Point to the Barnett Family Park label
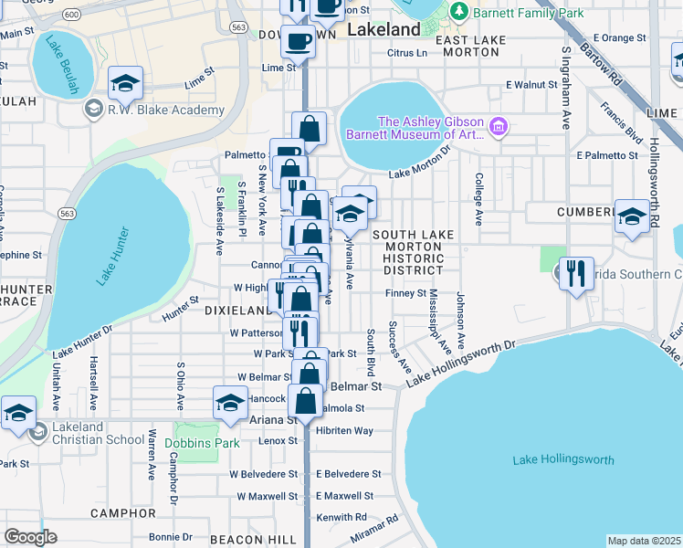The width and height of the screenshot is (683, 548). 525,12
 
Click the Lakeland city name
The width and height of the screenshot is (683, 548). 384,29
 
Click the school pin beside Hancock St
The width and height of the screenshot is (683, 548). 230,402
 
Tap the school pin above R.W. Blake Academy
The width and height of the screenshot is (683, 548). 125,84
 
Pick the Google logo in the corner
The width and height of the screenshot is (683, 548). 30,537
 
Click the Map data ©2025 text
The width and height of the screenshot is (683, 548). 644,541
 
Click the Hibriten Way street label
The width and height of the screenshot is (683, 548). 344,430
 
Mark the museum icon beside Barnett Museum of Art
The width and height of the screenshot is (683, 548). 498,126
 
